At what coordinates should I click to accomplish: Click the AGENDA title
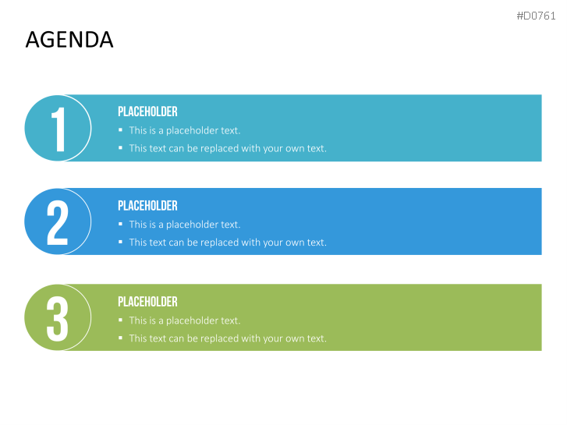(x=69, y=40)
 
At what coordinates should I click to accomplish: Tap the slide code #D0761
(x=536, y=16)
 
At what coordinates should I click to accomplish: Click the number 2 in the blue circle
(x=58, y=223)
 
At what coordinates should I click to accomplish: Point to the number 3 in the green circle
(x=58, y=319)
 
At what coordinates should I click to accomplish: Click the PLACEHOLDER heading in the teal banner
(x=147, y=112)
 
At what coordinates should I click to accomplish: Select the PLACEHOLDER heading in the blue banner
(x=147, y=205)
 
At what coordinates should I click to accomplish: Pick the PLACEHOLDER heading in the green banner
(x=147, y=301)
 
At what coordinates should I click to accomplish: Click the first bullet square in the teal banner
(x=120, y=130)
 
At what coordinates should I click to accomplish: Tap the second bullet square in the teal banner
(x=120, y=147)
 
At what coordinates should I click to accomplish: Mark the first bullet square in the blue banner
(x=120, y=224)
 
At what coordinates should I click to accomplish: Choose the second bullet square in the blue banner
(x=120, y=242)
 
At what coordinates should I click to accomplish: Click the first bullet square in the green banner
(x=120, y=320)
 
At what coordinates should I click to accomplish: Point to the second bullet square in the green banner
(x=120, y=338)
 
